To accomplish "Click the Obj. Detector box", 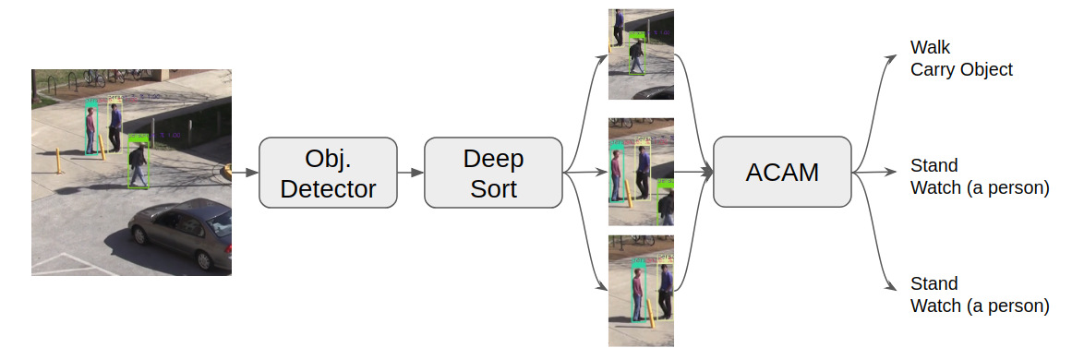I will click(x=328, y=173).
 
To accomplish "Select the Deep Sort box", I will click(x=493, y=173).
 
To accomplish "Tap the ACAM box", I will click(x=782, y=172).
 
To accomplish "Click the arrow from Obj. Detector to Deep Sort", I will click(x=410, y=173).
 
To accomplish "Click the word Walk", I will click(x=930, y=47).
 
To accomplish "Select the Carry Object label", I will click(x=961, y=69).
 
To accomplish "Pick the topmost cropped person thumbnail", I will click(x=641, y=54).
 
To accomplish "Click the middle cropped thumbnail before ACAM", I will click(x=641, y=172).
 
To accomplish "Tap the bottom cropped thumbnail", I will click(x=641, y=290).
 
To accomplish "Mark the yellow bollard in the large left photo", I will click(x=60, y=160).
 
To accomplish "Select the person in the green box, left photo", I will click(x=139, y=163).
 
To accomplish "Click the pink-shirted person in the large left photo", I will click(x=91, y=128).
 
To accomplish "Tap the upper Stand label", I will click(x=933, y=166).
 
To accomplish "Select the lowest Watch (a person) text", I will click(x=979, y=306).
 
